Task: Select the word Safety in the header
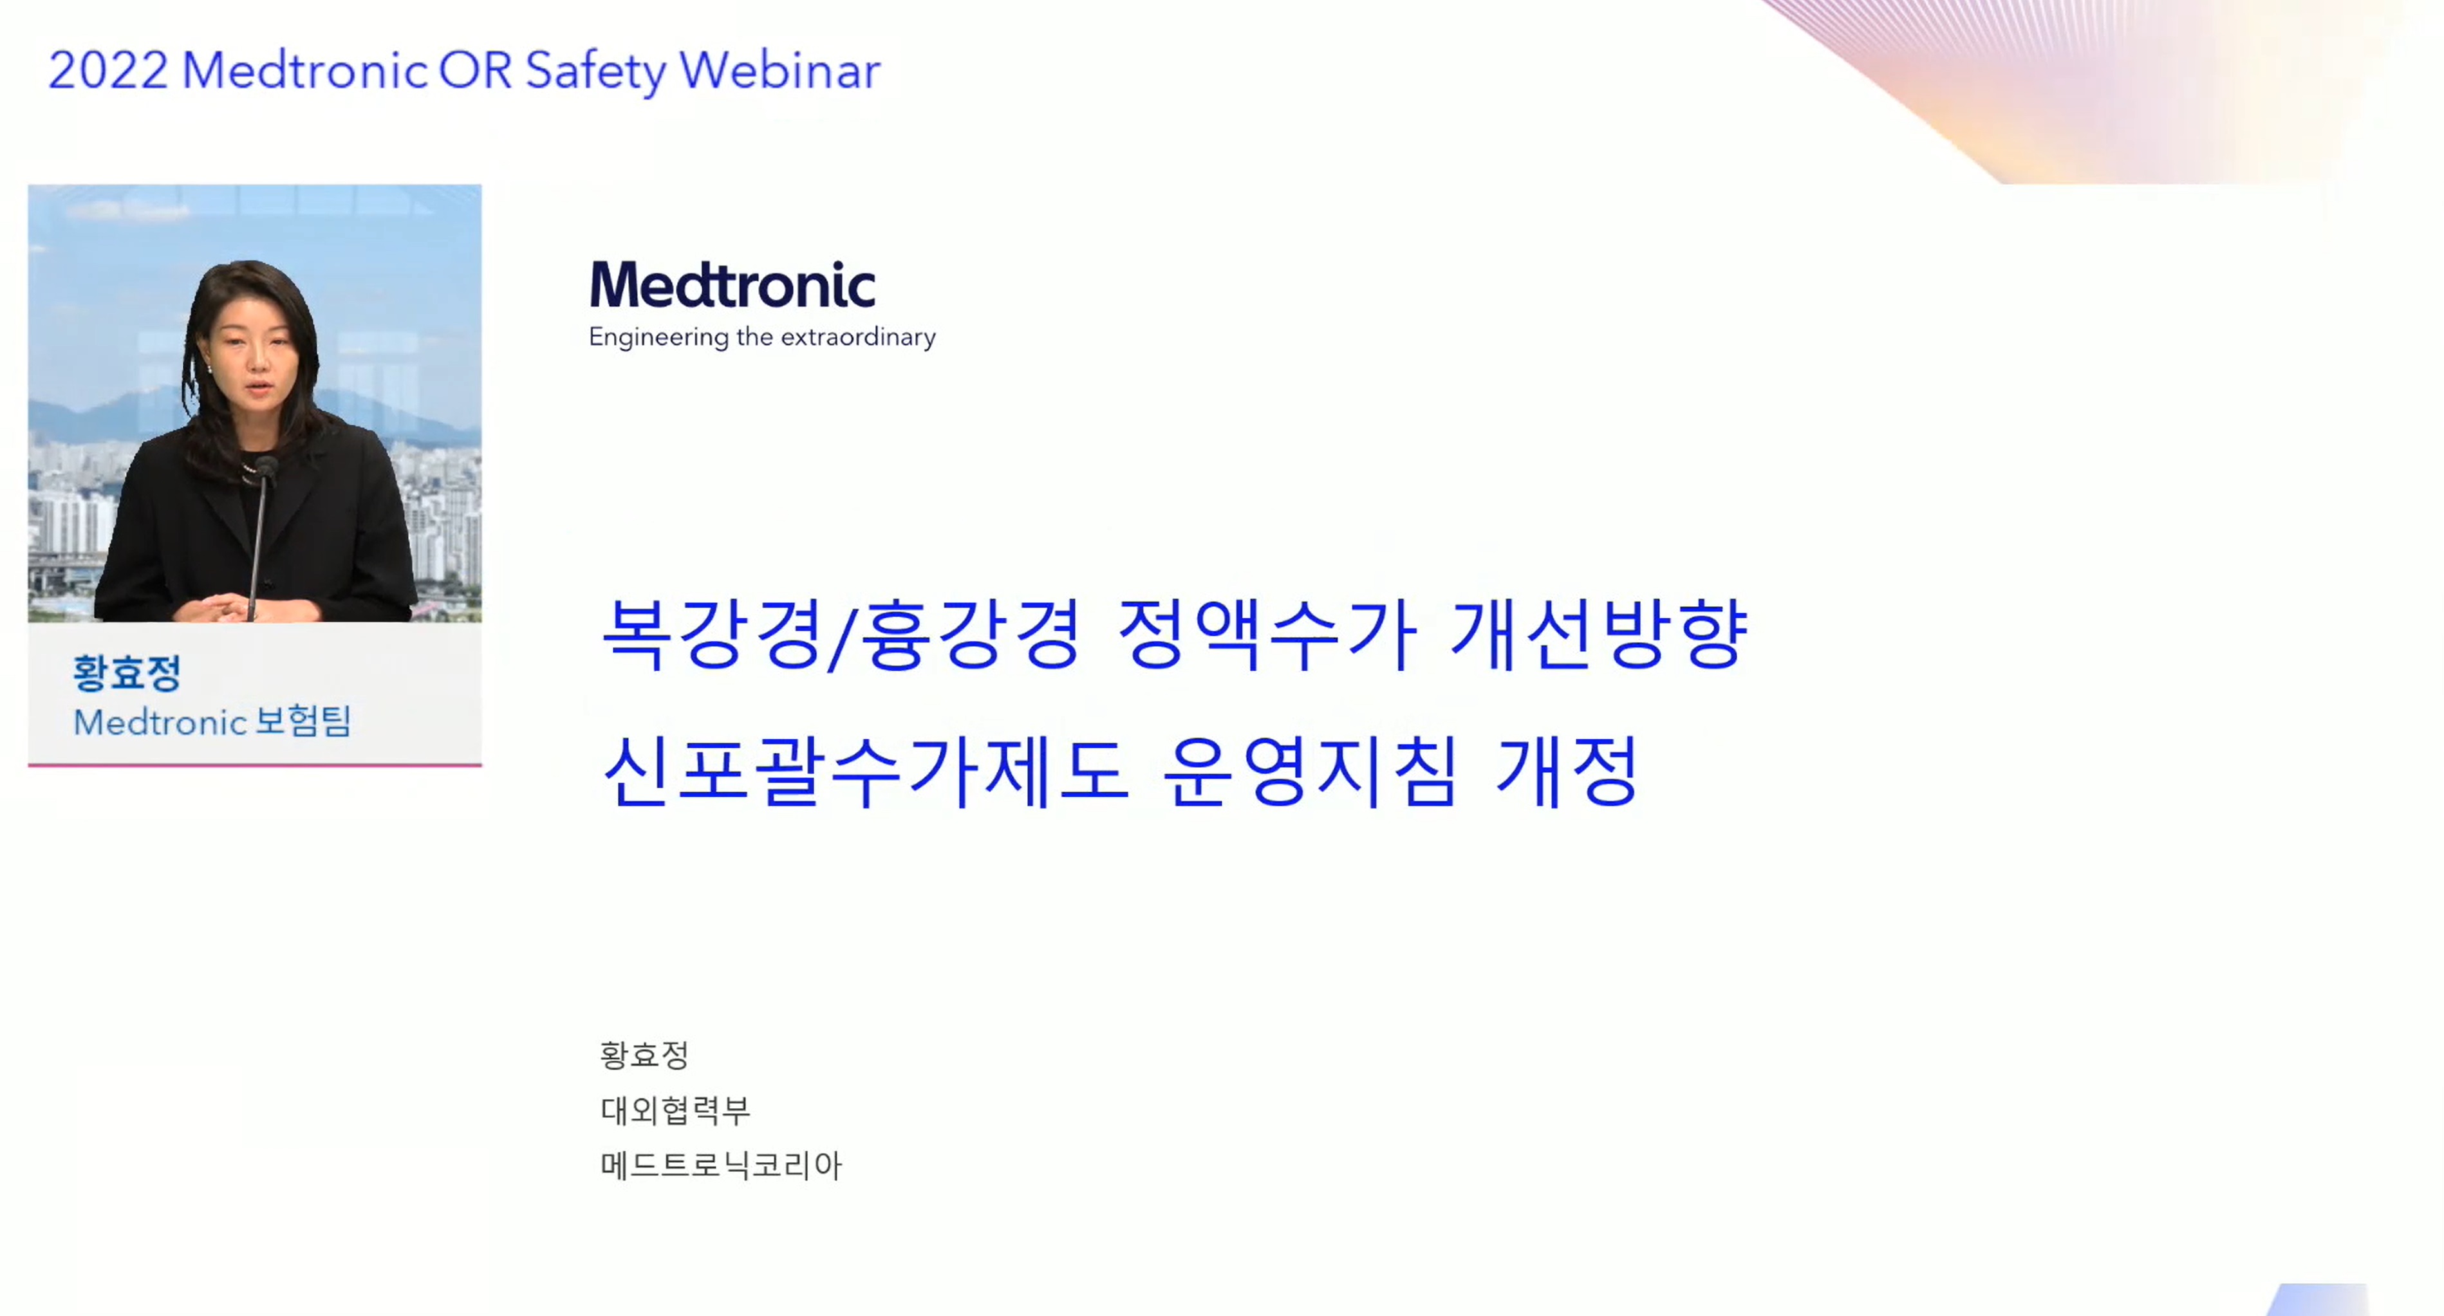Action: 596,72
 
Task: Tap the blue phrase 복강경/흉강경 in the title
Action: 841,634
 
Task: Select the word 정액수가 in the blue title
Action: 1267,634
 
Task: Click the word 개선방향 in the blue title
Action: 1600,634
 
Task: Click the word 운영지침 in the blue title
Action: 1309,770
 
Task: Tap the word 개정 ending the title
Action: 1567,770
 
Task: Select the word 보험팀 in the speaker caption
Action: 304,721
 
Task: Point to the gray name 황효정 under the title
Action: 644,1054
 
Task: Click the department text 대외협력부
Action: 675,1109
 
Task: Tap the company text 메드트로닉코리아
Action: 721,1164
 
